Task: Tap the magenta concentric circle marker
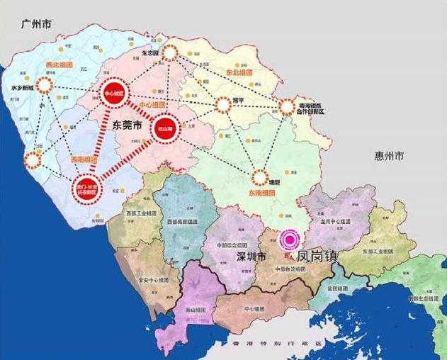(289, 241)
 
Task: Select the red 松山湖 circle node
(164, 125)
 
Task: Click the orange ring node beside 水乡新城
(45, 86)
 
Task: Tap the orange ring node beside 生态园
(169, 54)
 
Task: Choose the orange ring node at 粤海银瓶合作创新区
(286, 108)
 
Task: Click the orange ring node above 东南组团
(259, 177)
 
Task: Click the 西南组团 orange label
(84, 161)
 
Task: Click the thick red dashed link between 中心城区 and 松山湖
(140, 110)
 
